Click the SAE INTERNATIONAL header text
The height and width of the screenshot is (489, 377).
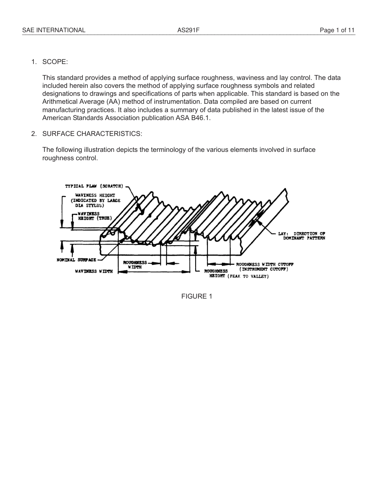[x=54, y=30]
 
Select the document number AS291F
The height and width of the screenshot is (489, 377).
[x=188, y=30]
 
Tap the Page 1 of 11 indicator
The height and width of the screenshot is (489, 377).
[x=337, y=30]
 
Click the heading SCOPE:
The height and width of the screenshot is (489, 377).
[x=55, y=62]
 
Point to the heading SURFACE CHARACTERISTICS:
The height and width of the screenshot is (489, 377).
[x=92, y=134]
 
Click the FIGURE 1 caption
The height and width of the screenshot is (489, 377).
[x=196, y=296]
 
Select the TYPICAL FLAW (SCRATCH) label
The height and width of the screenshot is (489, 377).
[x=94, y=186]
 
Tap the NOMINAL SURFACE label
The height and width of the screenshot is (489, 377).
[x=76, y=260]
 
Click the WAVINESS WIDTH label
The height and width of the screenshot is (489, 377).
[x=94, y=272]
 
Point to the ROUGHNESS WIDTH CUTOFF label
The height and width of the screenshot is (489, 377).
[x=265, y=264]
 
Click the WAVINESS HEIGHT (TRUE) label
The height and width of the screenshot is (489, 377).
[x=94, y=216]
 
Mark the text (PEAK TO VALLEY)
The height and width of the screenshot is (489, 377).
[x=248, y=276]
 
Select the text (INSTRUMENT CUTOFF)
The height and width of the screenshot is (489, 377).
[x=264, y=270]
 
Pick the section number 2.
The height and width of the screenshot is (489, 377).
[x=34, y=134]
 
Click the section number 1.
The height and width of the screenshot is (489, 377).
[x=34, y=62]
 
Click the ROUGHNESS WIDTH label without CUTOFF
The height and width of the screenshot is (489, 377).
[x=135, y=265]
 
